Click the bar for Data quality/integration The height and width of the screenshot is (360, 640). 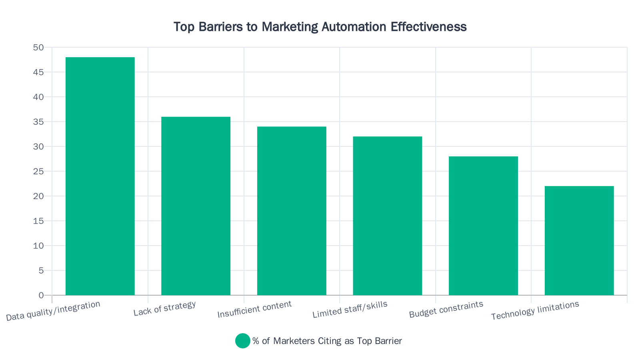(x=100, y=176)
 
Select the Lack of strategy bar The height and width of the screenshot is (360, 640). (x=196, y=206)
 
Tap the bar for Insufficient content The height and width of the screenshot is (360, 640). (x=292, y=211)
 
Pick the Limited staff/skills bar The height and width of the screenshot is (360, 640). (x=387, y=216)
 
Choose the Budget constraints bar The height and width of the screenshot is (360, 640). (x=483, y=226)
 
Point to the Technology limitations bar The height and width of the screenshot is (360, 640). (x=579, y=241)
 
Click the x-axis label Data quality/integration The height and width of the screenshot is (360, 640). (x=53, y=311)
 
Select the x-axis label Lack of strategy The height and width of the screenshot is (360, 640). (x=165, y=308)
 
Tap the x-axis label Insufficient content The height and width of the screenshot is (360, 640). (x=254, y=310)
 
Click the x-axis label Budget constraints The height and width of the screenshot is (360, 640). (x=446, y=310)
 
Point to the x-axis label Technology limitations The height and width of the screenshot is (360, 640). (x=535, y=310)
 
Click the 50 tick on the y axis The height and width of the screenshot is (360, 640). (x=38, y=48)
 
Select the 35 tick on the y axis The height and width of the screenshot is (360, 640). (x=38, y=122)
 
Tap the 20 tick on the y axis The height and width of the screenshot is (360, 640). (x=38, y=196)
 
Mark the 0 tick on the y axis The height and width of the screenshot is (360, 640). (x=41, y=296)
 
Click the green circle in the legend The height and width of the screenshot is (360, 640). (x=242, y=341)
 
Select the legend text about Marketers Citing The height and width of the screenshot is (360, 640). (x=327, y=341)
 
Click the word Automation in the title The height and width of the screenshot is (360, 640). (x=354, y=27)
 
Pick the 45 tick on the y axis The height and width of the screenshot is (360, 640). (x=38, y=72)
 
